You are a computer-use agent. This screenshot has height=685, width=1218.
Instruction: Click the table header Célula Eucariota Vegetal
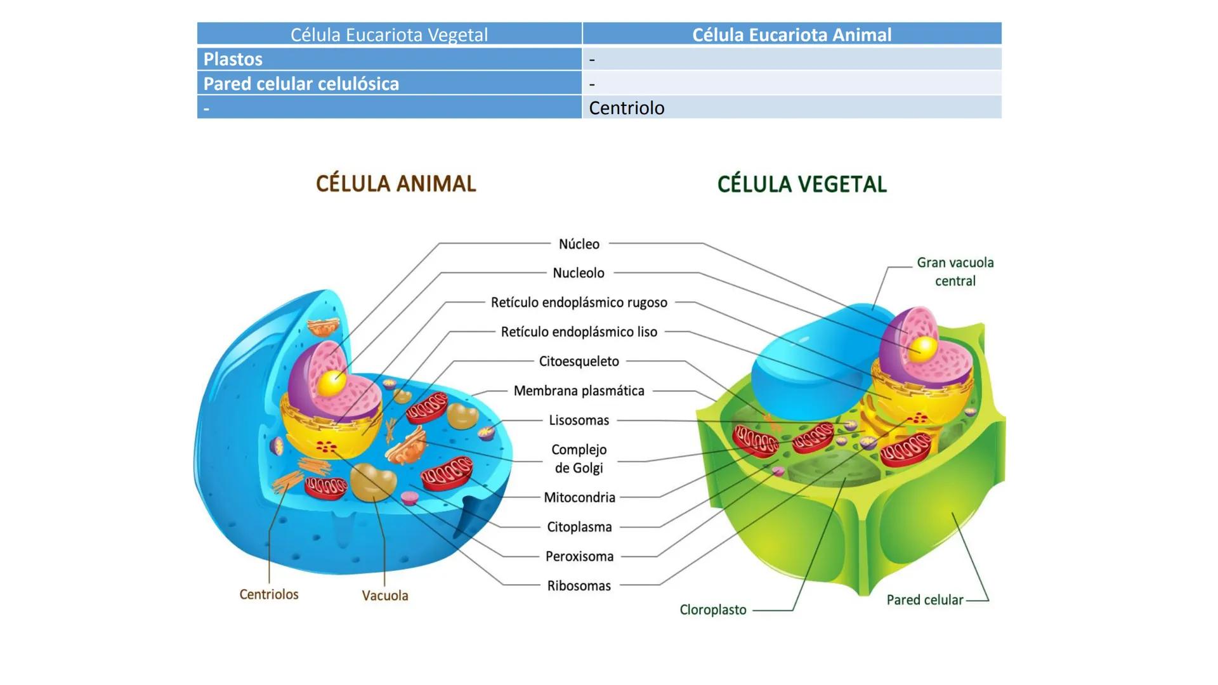389,34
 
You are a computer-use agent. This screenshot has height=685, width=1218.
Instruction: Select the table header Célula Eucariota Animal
791,34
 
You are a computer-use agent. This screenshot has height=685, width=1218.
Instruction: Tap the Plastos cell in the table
233,59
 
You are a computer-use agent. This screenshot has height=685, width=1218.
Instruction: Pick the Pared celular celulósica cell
301,84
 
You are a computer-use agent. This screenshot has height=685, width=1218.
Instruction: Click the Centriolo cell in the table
626,108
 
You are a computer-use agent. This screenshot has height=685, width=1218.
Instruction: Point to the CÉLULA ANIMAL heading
396,184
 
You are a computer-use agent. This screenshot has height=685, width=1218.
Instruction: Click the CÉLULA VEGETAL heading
802,185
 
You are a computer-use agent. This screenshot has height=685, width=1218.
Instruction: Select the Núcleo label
579,244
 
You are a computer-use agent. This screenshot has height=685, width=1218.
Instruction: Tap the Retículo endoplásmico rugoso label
579,303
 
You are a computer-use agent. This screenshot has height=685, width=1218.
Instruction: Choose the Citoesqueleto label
579,362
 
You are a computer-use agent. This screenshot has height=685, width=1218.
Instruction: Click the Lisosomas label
579,421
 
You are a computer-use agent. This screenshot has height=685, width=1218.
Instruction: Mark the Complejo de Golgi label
579,459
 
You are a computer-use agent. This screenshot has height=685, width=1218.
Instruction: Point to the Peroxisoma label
579,557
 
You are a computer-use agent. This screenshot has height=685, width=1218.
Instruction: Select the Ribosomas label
579,586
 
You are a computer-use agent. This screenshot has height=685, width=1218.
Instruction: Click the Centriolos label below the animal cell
268,594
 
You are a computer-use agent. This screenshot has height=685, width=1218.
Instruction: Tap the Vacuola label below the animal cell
385,596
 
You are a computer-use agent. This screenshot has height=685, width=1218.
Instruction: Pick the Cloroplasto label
713,610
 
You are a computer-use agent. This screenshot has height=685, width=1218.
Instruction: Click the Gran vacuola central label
955,271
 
